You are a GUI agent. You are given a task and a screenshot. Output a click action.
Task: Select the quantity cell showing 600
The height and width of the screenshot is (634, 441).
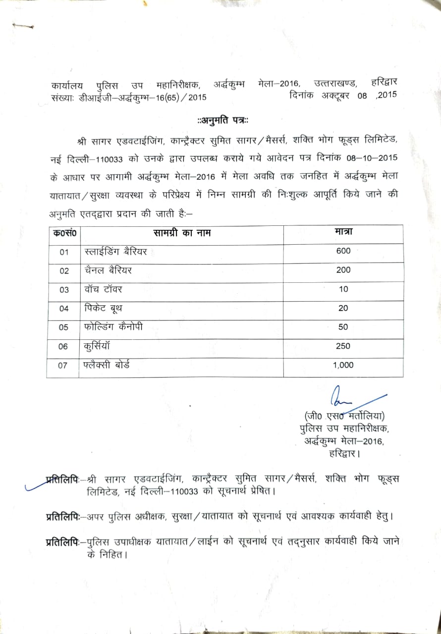343,251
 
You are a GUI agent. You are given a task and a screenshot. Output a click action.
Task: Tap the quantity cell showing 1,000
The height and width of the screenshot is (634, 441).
343,365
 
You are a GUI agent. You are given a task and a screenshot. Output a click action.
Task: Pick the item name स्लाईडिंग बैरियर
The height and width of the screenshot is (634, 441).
116,252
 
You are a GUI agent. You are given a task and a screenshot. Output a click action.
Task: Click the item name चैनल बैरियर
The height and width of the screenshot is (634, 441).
108,270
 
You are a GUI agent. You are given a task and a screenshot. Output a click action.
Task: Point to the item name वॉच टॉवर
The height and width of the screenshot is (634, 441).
103,289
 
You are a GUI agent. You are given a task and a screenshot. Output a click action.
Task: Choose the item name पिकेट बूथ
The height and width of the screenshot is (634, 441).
104,308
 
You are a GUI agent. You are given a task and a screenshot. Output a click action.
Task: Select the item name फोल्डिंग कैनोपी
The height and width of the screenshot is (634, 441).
117,327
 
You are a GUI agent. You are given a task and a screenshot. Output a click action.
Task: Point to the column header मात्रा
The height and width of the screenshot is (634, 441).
343,231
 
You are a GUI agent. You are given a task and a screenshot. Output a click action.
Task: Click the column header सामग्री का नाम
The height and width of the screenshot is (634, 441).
181,232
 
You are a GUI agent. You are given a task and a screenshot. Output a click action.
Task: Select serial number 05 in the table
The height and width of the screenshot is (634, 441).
63,327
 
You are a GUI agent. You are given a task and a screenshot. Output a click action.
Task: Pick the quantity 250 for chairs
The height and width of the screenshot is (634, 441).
343,346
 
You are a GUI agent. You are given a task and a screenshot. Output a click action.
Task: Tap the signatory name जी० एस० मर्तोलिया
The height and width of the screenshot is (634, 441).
344,416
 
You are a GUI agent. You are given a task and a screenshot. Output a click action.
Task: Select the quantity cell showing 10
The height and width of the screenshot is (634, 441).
343,289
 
